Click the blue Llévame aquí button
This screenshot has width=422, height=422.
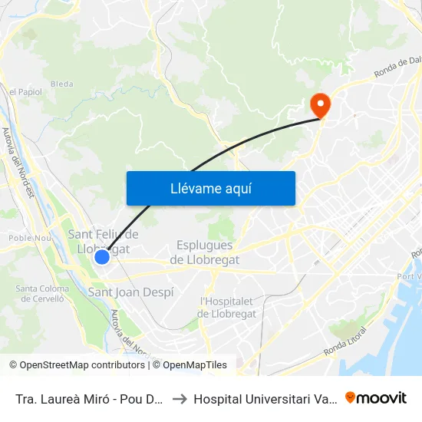pyautogui.click(x=210, y=188)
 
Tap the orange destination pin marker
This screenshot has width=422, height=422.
pyautogui.click(x=317, y=104)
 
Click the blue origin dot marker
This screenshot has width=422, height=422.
pyautogui.click(x=102, y=258)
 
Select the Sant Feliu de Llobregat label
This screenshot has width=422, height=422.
pyautogui.click(x=104, y=242)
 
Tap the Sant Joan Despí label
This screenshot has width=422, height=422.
pyautogui.click(x=131, y=292)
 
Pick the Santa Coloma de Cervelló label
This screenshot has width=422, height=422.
pyautogui.click(x=42, y=294)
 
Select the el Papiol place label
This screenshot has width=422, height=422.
pyautogui.click(x=25, y=92)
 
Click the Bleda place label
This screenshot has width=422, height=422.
pyautogui.click(x=61, y=84)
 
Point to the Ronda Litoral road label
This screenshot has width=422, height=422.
pyautogui.click(x=345, y=341)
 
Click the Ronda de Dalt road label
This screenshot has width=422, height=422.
pyautogui.click(x=398, y=71)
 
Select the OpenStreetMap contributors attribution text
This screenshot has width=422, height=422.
pyautogui.click(x=77, y=365)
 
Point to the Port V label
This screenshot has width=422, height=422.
pyautogui.click(x=414, y=277)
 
